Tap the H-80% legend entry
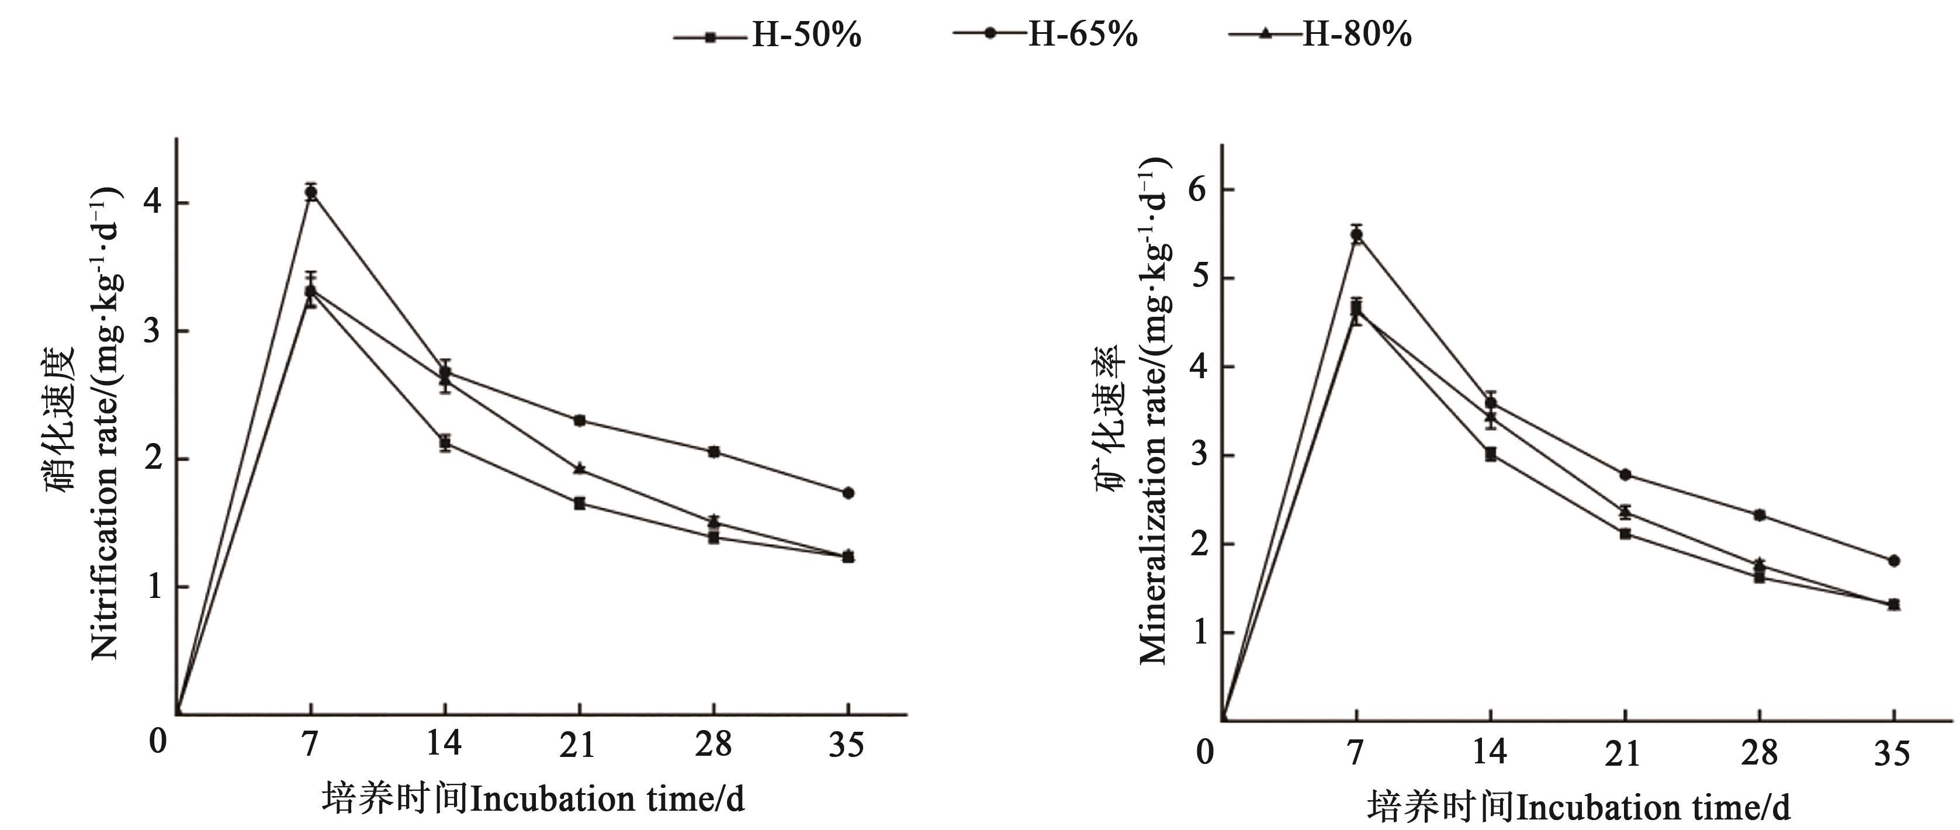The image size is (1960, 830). tap(1320, 34)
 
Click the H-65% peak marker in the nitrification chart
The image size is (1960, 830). tap(310, 192)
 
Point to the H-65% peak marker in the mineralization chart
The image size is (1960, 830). tap(1356, 234)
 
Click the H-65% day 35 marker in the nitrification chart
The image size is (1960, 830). tap(849, 493)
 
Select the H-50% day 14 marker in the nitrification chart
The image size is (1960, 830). tap(445, 443)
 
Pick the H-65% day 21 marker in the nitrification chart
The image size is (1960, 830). tap(580, 420)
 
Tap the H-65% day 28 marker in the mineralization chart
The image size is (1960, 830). tap(1759, 515)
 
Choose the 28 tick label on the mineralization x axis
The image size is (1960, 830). tap(1759, 753)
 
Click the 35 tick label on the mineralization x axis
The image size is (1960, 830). tap(1892, 753)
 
